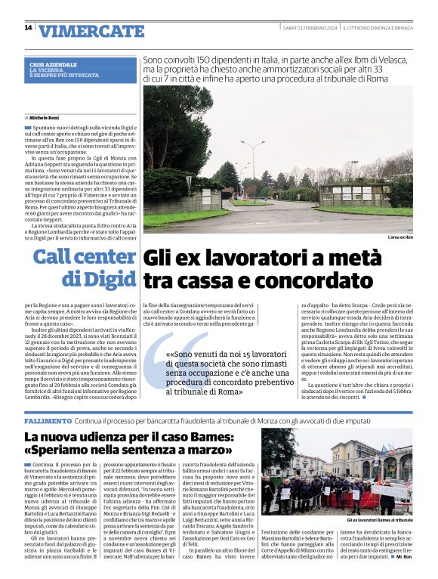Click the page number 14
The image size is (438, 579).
click(28, 28)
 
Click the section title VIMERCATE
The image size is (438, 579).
click(91, 31)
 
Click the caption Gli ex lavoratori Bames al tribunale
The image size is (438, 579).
click(379, 521)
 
